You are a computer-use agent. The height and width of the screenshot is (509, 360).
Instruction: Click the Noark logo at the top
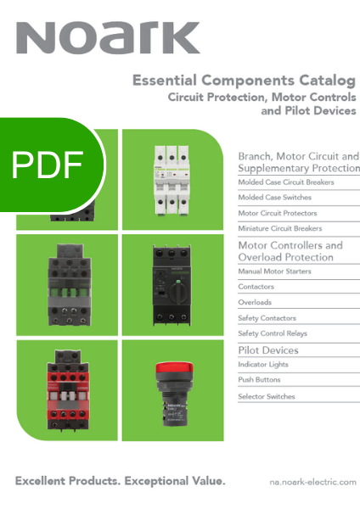tap(108, 37)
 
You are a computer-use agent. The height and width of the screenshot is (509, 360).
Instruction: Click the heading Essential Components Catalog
tap(244, 81)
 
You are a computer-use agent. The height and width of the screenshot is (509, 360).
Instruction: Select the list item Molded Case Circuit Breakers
tap(286, 182)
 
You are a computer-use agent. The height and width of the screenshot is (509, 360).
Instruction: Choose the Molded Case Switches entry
tap(274, 198)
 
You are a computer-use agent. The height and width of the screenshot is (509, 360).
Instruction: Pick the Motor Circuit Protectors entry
tap(278, 213)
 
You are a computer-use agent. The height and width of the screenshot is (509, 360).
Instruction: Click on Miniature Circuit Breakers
tap(279, 228)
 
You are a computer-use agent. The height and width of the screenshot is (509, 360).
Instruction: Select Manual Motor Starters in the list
tap(274, 271)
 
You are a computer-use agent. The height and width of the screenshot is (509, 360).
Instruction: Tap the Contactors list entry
tap(256, 287)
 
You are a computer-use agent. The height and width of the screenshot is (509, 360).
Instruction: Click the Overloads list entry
tap(255, 302)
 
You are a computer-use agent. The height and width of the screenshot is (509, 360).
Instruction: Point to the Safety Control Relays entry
tap(273, 333)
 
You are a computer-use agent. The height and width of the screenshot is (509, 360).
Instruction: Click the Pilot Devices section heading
tap(268, 350)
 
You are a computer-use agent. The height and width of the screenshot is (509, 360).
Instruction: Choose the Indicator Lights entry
tap(263, 365)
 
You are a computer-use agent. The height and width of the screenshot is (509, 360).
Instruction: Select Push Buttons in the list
tap(259, 380)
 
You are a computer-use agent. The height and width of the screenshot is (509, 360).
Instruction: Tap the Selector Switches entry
tap(267, 396)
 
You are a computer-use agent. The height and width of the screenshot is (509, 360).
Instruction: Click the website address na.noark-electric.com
tap(313, 482)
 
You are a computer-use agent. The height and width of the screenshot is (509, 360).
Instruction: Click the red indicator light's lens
tap(174, 368)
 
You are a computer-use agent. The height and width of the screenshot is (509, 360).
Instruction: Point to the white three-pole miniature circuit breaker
tap(172, 181)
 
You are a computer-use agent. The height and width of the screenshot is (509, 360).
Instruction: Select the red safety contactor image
tap(68, 390)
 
